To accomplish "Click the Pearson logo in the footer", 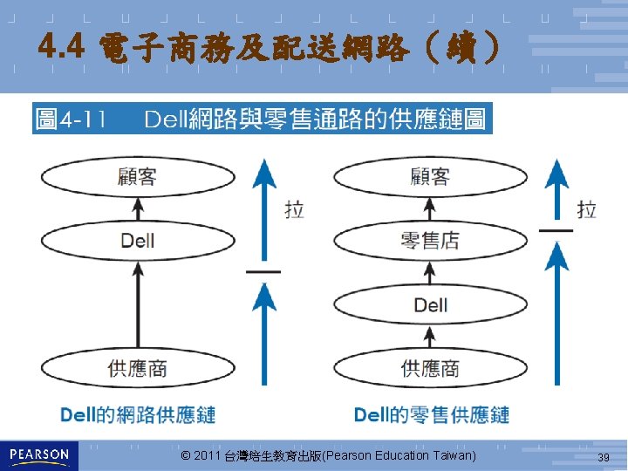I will coord(39,455).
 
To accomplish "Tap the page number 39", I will coord(603,458).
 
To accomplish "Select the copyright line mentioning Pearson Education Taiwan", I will coord(328,456).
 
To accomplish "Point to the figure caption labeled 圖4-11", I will coord(262,119).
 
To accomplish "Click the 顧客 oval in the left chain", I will coord(137,176).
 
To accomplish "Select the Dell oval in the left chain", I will coord(137,240).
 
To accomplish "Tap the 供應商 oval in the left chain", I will coord(137,369).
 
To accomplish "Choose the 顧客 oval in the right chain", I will coord(430,176).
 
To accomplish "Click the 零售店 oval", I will coord(430,240).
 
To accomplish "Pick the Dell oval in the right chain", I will coord(430,304).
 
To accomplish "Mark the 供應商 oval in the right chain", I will coord(430,369).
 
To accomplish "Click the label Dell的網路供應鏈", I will coord(138,414).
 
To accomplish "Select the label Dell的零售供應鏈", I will coord(432,414).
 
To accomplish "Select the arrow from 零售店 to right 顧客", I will coord(430,208).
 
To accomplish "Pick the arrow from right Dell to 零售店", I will coord(430,272).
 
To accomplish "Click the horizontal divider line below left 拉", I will coord(263,272).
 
